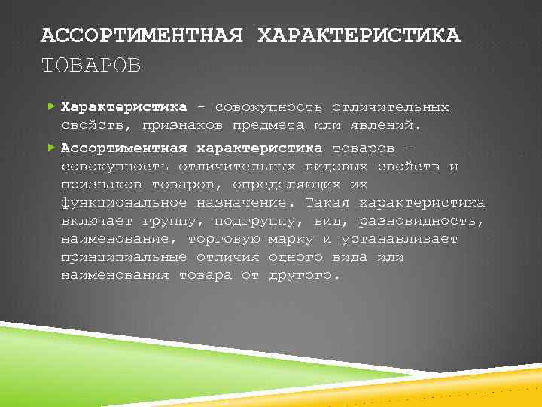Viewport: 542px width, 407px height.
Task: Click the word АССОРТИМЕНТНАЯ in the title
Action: [x=142, y=36]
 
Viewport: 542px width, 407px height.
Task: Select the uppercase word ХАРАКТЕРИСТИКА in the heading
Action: [x=358, y=36]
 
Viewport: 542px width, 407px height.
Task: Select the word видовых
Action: [x=336, y=166]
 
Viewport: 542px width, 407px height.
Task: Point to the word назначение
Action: [x=246, y=203]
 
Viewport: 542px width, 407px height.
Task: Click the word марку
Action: [x=291, y=239]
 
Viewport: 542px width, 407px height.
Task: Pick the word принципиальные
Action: [x=124, y=257]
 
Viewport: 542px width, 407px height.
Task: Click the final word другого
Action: [x=304, y=275]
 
